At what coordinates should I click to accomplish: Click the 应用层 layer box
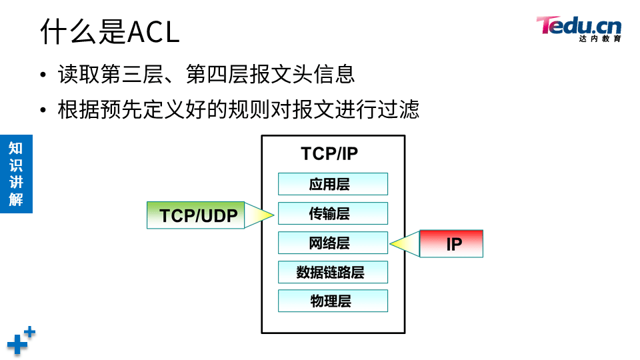pyautogui.click(x=333, y=184)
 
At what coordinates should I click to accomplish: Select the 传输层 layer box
pyautogui.click(x=333, y=213)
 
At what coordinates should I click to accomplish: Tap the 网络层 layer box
pyautogui.click(x=333, y=243)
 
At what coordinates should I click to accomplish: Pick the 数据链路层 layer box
pyautogui.click(x=333, y=272)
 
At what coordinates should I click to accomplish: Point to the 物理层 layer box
pyautogui.click(x=333, y=301)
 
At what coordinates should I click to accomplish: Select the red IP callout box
pyautogui.click(x=451, y=244)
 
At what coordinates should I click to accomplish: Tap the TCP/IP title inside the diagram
pyautogui.click(x=329, y=154)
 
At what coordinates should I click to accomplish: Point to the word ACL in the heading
pyautogui.click(x=153, y=32)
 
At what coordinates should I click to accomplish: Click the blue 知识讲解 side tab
pyautogui.click(x=16, y=174)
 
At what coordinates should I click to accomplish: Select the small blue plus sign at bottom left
pyautogui.click(x=29, y=331)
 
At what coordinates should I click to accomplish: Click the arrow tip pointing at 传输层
pyautogui.click(x=272, y=215)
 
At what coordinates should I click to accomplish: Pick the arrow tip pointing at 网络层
pyautogui.click(x=393, y=244)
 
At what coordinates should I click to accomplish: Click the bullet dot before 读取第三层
pyautogui.click(x=43, y=75)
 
